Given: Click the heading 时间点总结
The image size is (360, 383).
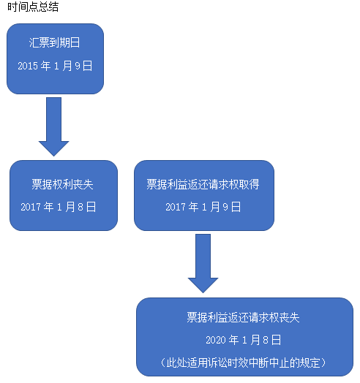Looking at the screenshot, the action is [33, 7].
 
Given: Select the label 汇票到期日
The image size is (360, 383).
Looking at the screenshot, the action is [55, 42].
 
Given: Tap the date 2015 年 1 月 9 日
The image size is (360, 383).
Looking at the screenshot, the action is [55, 66].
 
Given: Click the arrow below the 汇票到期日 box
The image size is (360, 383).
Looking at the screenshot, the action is [54, 126].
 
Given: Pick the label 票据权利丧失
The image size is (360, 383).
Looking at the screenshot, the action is [63, 184].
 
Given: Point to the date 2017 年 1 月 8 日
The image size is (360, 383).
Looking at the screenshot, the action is [59, 207].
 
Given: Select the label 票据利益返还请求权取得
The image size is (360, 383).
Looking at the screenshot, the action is [203, 184].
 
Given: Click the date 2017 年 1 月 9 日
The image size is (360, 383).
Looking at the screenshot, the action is [203, 207].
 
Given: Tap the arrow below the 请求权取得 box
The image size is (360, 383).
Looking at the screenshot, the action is [203, 263].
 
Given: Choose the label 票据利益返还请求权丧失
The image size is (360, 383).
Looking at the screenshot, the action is [244, 317].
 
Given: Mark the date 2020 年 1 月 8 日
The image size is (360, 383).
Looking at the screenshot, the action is [244, 340].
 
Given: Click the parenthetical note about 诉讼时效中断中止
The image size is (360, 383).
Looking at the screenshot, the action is [244, 363].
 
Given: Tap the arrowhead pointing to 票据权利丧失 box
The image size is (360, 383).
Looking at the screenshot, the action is [54, 148].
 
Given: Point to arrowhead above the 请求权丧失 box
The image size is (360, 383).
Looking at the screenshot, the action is [203, 285].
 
